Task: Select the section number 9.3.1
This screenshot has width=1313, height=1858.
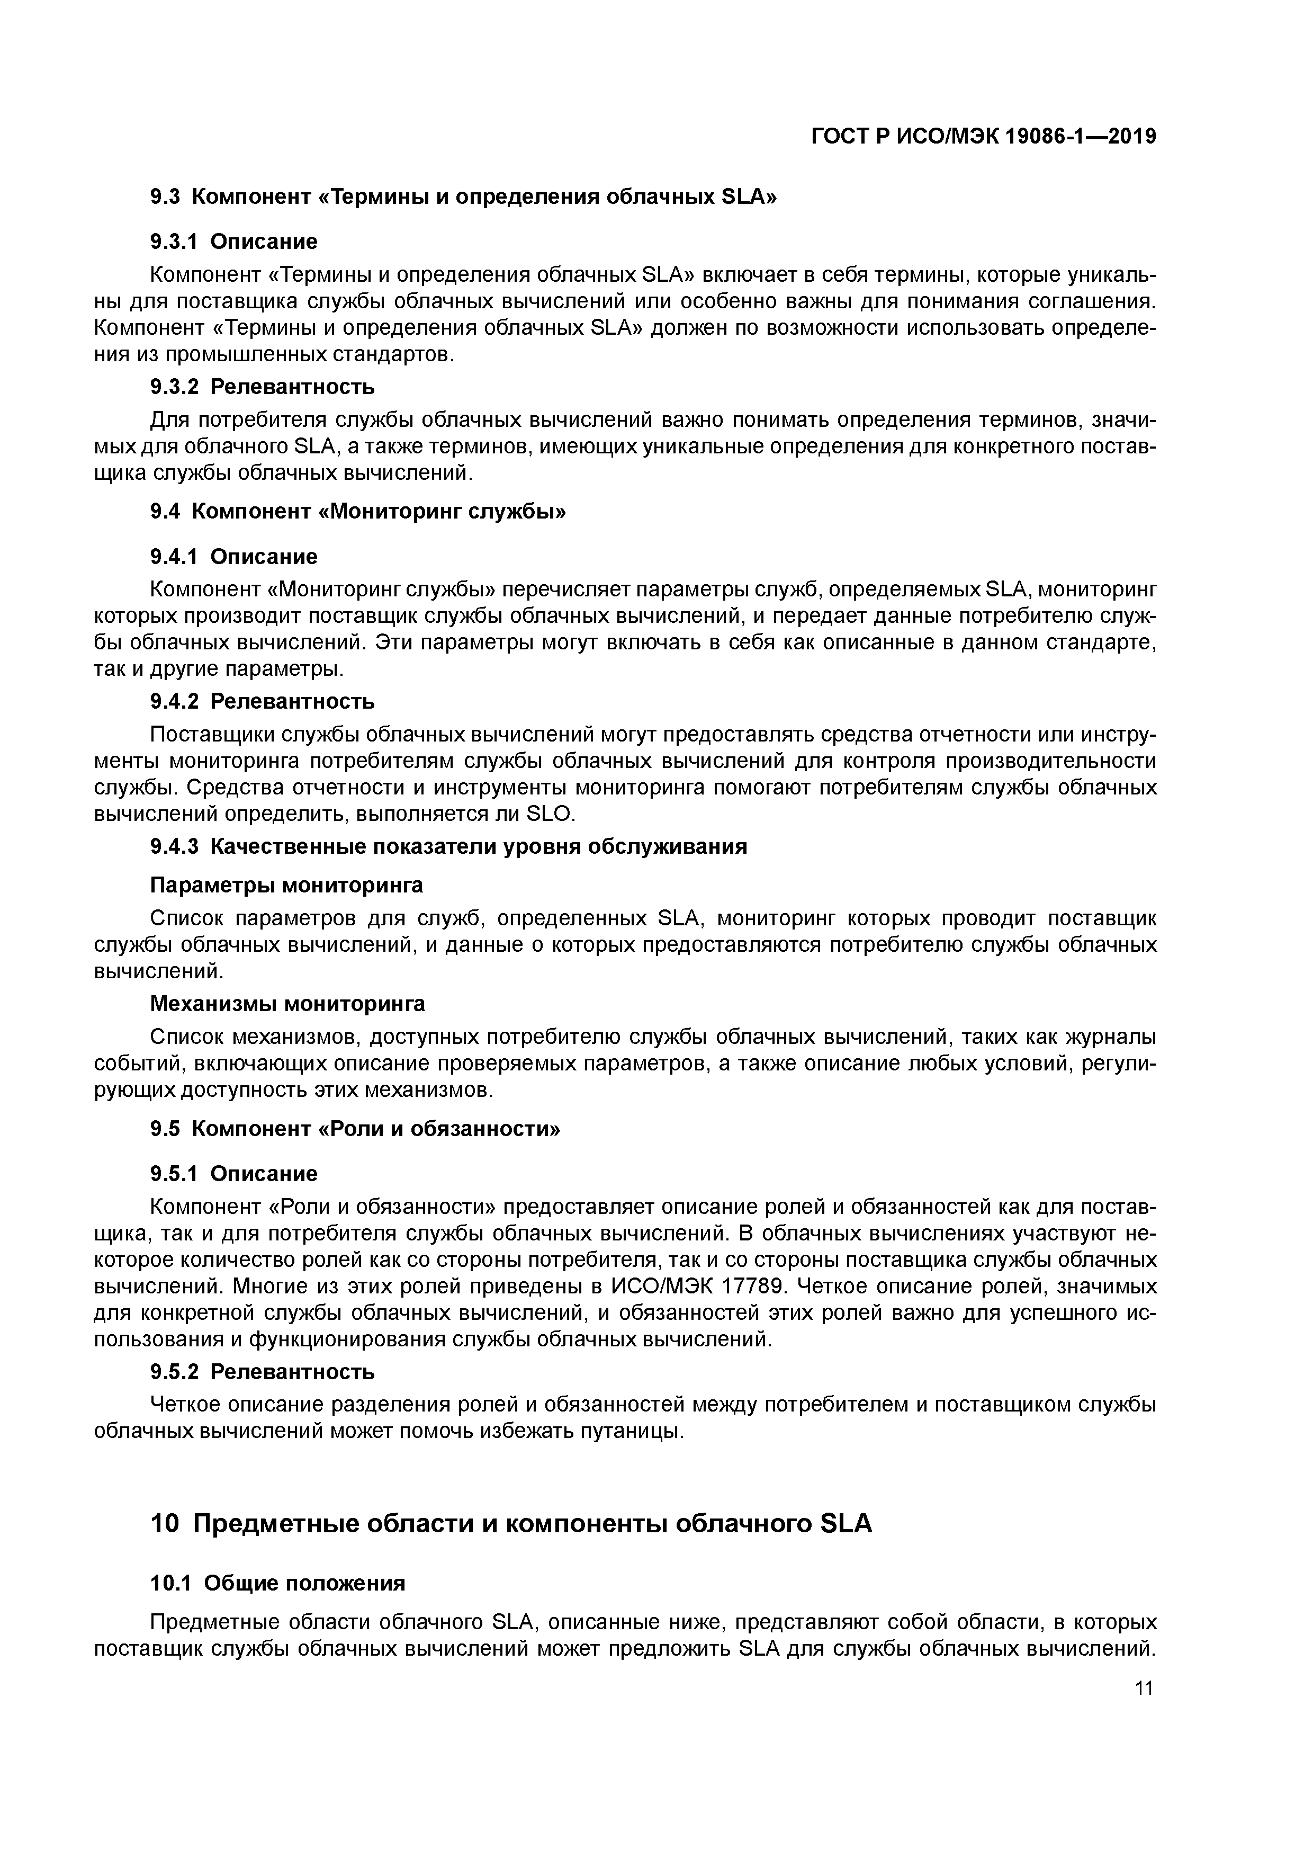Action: [174, 241]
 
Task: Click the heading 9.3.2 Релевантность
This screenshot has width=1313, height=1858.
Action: [262, 387]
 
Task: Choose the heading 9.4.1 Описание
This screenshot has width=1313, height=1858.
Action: [234, 557]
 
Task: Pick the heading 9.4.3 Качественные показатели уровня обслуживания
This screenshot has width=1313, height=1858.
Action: [448, 846]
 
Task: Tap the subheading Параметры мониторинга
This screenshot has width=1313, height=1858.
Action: [286, 885]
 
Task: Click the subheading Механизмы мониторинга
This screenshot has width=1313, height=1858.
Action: [287, 1004]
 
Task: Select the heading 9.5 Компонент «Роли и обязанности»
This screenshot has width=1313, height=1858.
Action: [355, 1128]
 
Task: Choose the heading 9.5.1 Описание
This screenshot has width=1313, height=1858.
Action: [234, 1173]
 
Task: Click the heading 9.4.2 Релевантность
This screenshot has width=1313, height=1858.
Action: [262, 701]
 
